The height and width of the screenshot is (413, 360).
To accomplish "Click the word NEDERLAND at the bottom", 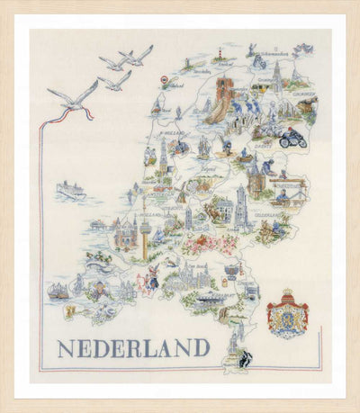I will [133, 347].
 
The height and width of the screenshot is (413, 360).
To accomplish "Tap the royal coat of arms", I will [288, 315].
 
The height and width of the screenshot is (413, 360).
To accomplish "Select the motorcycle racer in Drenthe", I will [292, 139].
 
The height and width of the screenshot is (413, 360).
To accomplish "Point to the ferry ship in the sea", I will [70, 190].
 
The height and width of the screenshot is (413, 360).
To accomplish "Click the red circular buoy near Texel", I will [164, 80].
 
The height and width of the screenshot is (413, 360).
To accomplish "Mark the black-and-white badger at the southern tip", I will [244, 357].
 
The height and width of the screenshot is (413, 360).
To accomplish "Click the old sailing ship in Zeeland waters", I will [58, 291].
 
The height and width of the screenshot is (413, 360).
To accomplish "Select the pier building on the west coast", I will [97, 226].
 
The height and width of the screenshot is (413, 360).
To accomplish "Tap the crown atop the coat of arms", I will [288, 295].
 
